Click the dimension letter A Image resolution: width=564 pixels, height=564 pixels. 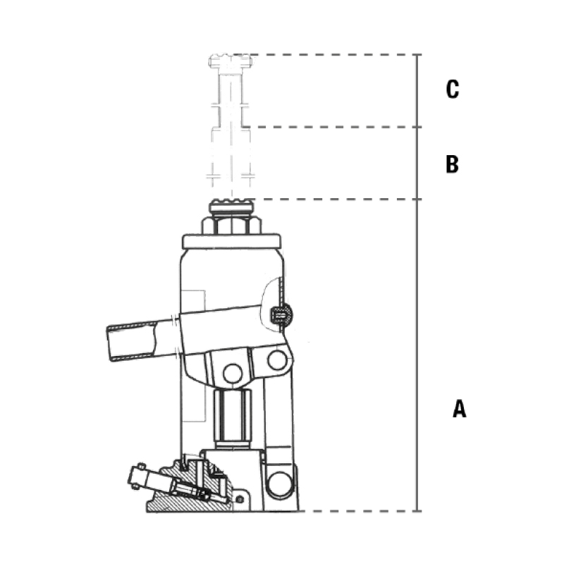(x=460, y=408)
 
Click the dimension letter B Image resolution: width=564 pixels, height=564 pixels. (x=452, y=164)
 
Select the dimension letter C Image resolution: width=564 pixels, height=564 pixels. (x=453, y=89)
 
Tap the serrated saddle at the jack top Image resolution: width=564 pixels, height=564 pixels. (x=232, y=206)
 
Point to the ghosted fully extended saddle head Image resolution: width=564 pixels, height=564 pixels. (x=231, y=61)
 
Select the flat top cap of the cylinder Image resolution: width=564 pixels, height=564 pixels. (x=232, y=241)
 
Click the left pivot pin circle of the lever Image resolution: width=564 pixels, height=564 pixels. (x=233, y=374)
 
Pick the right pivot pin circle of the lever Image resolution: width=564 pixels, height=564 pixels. (x=277, y=360)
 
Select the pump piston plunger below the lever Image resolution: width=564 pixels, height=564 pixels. (x=232, y=418)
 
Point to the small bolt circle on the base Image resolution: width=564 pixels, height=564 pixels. (x=240, y=499)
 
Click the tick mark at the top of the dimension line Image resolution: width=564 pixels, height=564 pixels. (x=417, y=55)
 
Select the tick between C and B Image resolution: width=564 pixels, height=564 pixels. (x=417, y=127)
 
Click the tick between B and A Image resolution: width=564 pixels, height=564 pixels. (x=417, y=199)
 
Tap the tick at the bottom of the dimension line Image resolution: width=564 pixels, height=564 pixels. (x=417, y=510)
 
